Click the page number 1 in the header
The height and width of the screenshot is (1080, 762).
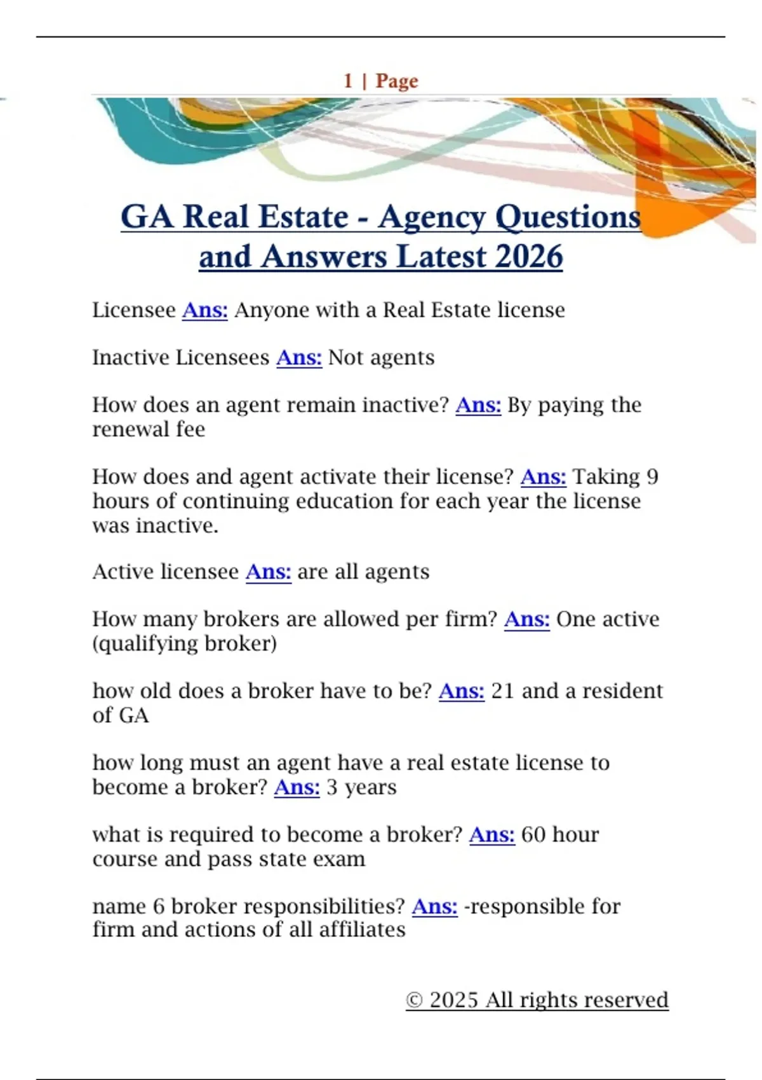pyautogui.click(x=348, y=81)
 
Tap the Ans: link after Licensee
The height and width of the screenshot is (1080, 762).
pyautogui.click(x=204, y=310)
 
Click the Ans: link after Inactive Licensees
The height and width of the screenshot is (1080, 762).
pyautogui.click(x=299, y=358)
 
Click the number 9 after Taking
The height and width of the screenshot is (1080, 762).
pyautogui.click(x=652, y=476)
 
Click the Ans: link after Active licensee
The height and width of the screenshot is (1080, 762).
pyautogui.click(x=268, y=572)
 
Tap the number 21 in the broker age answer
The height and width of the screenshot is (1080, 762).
pyautogui.click(x=502, y=691)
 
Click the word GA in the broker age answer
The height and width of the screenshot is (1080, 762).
pyautogui.click(x=133, y=715)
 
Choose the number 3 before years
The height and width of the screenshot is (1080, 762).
pyautogui.click(x=331, y=787)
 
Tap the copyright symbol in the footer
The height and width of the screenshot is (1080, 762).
pyautogui.click(x=414, y=1000)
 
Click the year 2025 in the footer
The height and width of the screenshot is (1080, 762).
pyautogui.click(x=453, y=1000)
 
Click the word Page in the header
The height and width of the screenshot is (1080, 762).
pyautogui.click(x=397, y=81)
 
